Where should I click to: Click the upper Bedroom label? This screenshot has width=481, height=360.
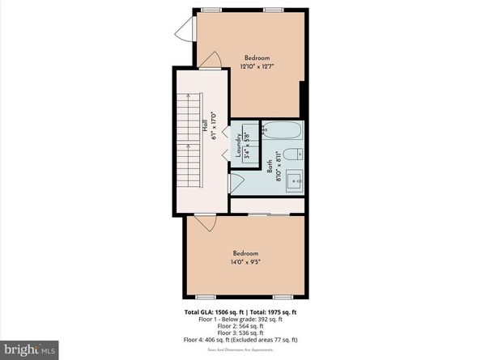click(257, 57)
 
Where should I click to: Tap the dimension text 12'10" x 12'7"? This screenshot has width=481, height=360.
click(257, 67)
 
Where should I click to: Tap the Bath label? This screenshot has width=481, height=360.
click(270, 167)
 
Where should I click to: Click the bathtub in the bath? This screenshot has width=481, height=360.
click(283, 130)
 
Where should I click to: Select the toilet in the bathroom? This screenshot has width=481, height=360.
click(297, 154)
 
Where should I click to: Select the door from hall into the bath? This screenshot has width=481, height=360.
click(236, 184)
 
